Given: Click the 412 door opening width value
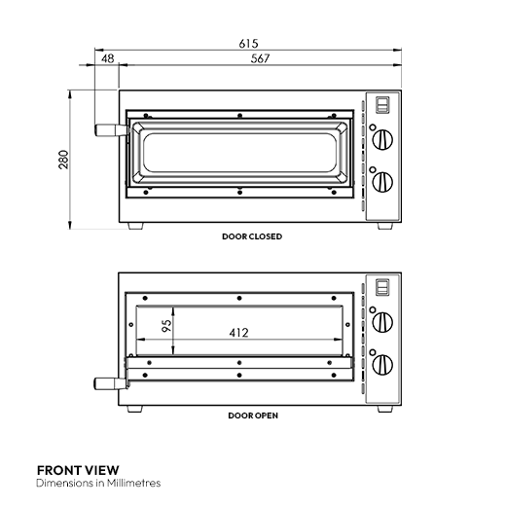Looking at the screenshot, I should point(238,333).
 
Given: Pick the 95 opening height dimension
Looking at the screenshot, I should point(166,325).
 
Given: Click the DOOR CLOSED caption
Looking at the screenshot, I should point(252,236).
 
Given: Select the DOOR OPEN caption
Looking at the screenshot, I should point(253,416).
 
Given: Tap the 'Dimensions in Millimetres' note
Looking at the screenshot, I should point(98,483).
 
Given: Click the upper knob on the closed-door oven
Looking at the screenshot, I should point(383,139).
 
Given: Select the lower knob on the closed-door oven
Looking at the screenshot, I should point(383,182).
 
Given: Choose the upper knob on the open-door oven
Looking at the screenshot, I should point(383,320).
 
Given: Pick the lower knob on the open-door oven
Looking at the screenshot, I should point(383,363).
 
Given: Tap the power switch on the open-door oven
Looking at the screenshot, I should point(382,287).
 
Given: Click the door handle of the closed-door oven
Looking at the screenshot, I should point(104,128).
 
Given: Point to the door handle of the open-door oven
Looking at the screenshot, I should point(104,381).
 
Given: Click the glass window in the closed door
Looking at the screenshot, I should point(239,156).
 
